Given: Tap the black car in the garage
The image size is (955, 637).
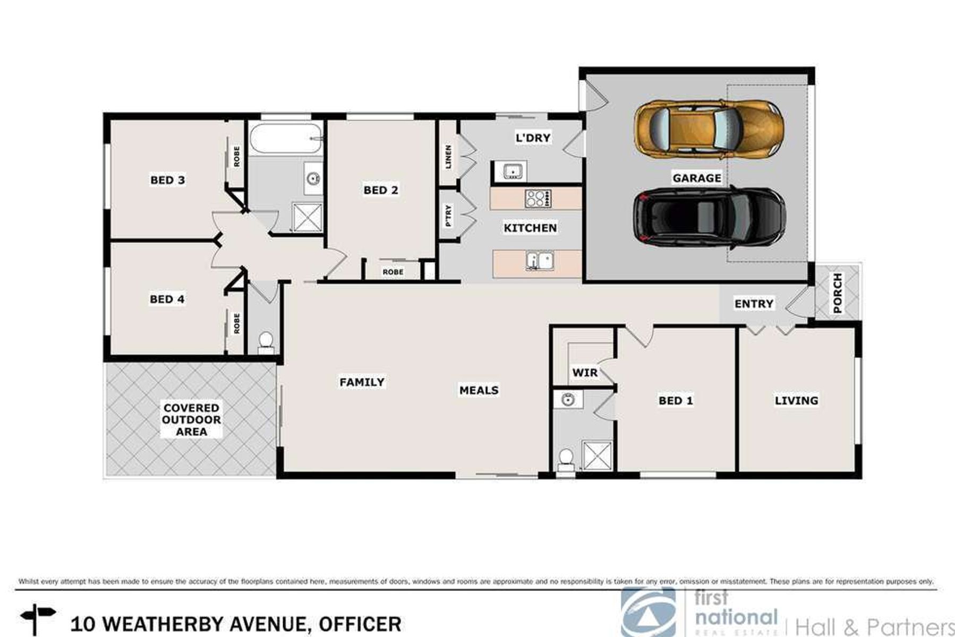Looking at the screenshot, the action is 710,217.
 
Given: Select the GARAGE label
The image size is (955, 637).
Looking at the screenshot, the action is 697,178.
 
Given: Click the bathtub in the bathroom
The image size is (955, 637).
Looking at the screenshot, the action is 286,139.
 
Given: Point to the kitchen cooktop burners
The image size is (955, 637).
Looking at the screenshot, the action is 538,199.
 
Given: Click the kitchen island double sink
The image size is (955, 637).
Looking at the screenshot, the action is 540,261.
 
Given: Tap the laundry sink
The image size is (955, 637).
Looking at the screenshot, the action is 511,171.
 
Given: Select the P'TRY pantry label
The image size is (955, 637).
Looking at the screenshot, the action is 449,216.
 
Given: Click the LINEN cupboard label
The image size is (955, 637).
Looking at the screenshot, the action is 448,157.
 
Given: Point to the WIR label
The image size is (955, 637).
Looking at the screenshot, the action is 585,373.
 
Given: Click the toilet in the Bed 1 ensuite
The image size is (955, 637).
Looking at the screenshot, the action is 566,460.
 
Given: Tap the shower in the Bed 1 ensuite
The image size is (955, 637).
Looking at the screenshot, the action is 598,455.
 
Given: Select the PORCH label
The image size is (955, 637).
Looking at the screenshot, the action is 838,292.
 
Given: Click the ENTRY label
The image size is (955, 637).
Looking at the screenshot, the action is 754,304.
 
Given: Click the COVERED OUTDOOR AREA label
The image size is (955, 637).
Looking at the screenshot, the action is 191,420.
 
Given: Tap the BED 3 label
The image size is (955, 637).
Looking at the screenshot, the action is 168,180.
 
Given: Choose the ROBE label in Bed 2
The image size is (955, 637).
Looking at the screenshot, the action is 393,272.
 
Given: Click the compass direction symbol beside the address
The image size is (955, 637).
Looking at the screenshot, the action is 37,619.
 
